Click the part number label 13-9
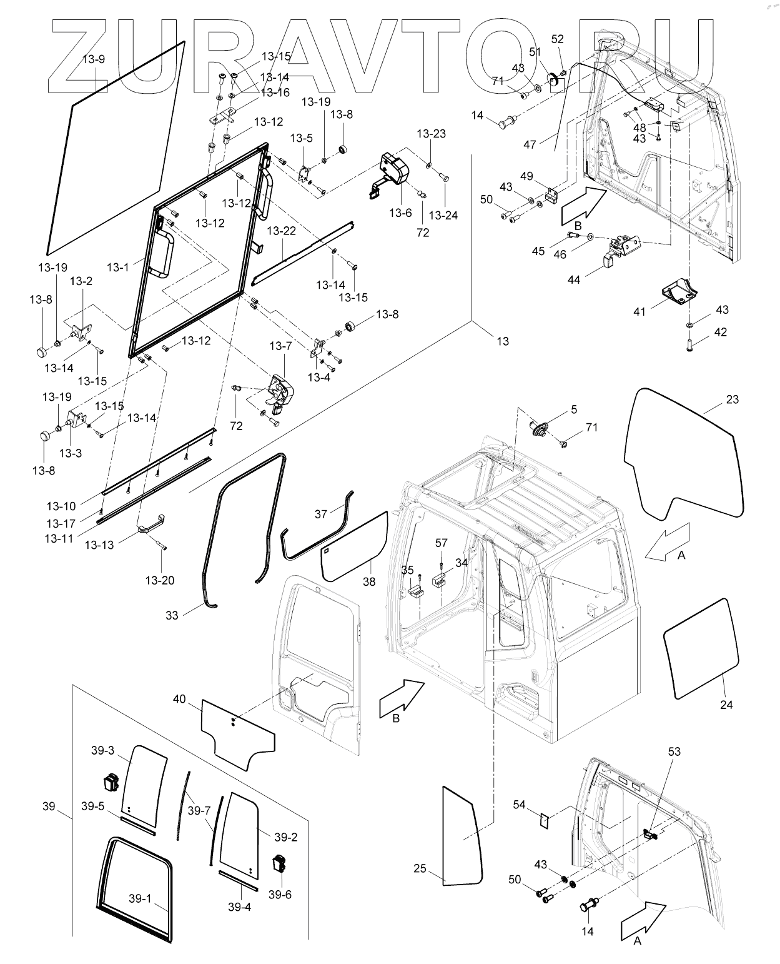(94, 60)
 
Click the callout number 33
(172, 615)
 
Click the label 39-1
(140, 898)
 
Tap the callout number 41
(639, 310)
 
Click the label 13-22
(282, 231)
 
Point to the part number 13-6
(400, 213)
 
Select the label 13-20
(159, 580)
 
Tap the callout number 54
(520, 804)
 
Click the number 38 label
(369, 581)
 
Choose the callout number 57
(442, 543)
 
